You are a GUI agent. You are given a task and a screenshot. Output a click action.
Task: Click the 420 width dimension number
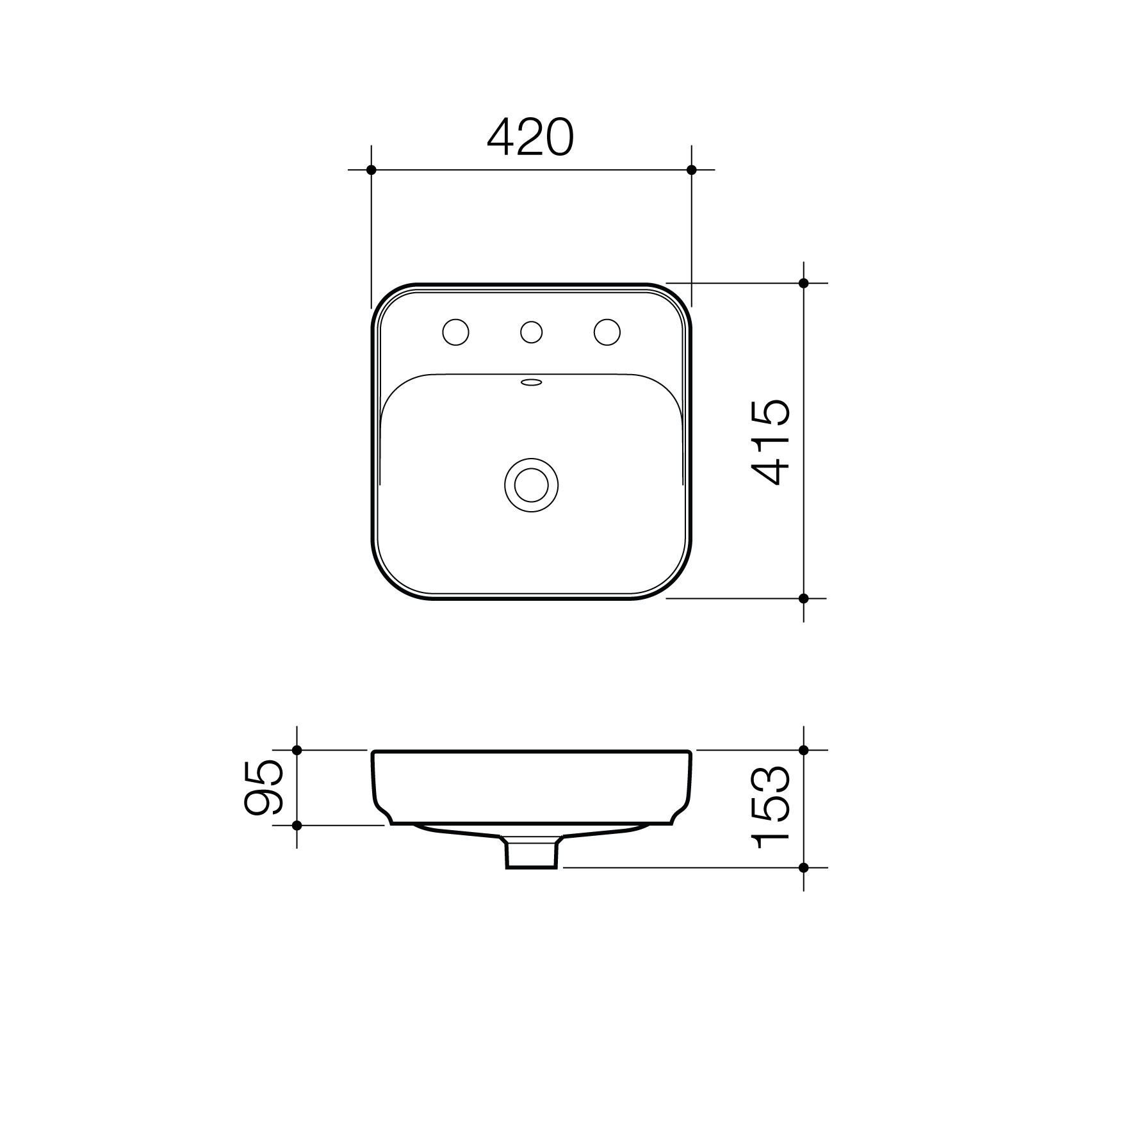pos(530,138)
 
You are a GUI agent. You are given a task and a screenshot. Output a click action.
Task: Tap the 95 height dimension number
pos(263,787)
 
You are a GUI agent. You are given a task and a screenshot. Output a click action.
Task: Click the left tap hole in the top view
pos(456,332)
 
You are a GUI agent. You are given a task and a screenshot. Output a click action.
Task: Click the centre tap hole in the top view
pos(532,332)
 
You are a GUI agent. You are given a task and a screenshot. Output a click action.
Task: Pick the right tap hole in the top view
pos(607,332)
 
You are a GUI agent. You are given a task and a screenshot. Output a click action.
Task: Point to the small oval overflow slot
pos(532,383)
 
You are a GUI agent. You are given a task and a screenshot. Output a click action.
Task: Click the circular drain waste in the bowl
pos(532,485)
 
